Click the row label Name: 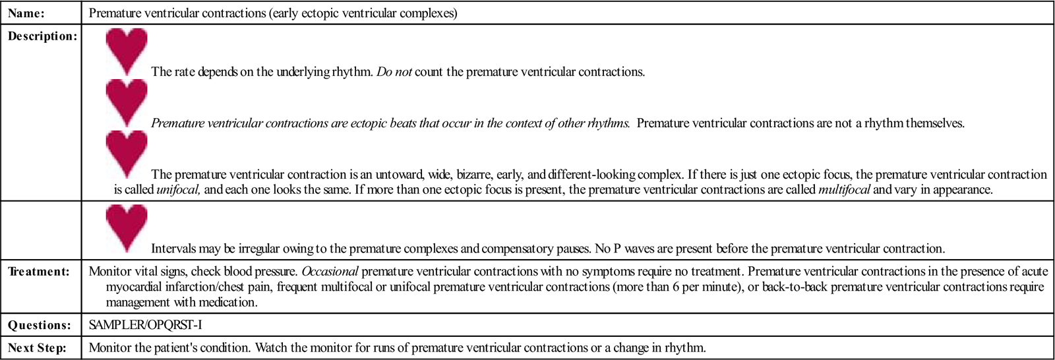[26, 13]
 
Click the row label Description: [42, 36]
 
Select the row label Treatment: [39, 272]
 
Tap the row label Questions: [39, 325]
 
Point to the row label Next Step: [37, 348]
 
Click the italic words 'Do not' [394, 72]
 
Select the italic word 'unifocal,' [179, 190]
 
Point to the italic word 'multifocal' [844, 190]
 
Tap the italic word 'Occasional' [330, 272]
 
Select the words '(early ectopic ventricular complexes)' [363, 13]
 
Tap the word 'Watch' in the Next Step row [270, 348]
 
